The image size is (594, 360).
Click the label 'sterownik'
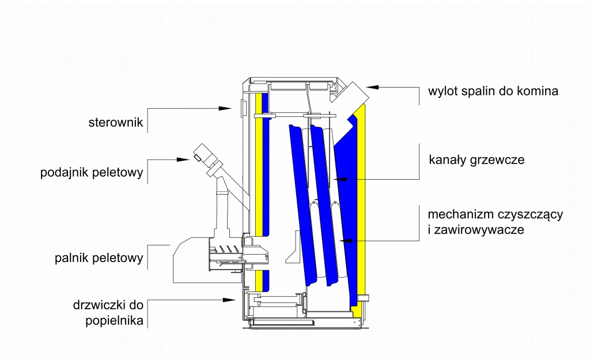(115, 123)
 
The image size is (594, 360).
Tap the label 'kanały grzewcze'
(476, 160)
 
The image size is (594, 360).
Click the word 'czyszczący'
(537, 214)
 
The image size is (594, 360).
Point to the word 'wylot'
(441, 91)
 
